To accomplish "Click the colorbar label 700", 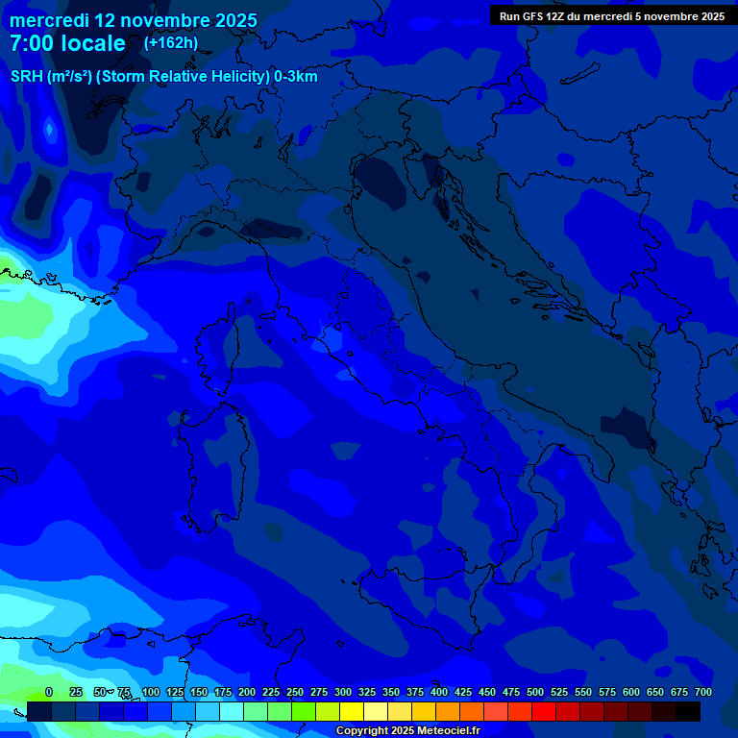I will click(x=703, y=692).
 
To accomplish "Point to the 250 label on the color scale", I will click(x=295, y=692).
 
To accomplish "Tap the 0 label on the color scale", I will click(x=49, y=692).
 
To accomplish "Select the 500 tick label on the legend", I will click(x=535, y=692).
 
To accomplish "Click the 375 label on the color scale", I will click(x=415, y=692).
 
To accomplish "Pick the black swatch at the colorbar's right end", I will click(x=688, y=711).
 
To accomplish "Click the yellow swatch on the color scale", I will click(x=352, y=711).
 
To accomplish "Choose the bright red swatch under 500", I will click(x=544, y=711).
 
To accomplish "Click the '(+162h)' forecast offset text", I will click(x=171, y=42).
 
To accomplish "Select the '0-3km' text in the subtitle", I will click(x=295, y=76).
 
